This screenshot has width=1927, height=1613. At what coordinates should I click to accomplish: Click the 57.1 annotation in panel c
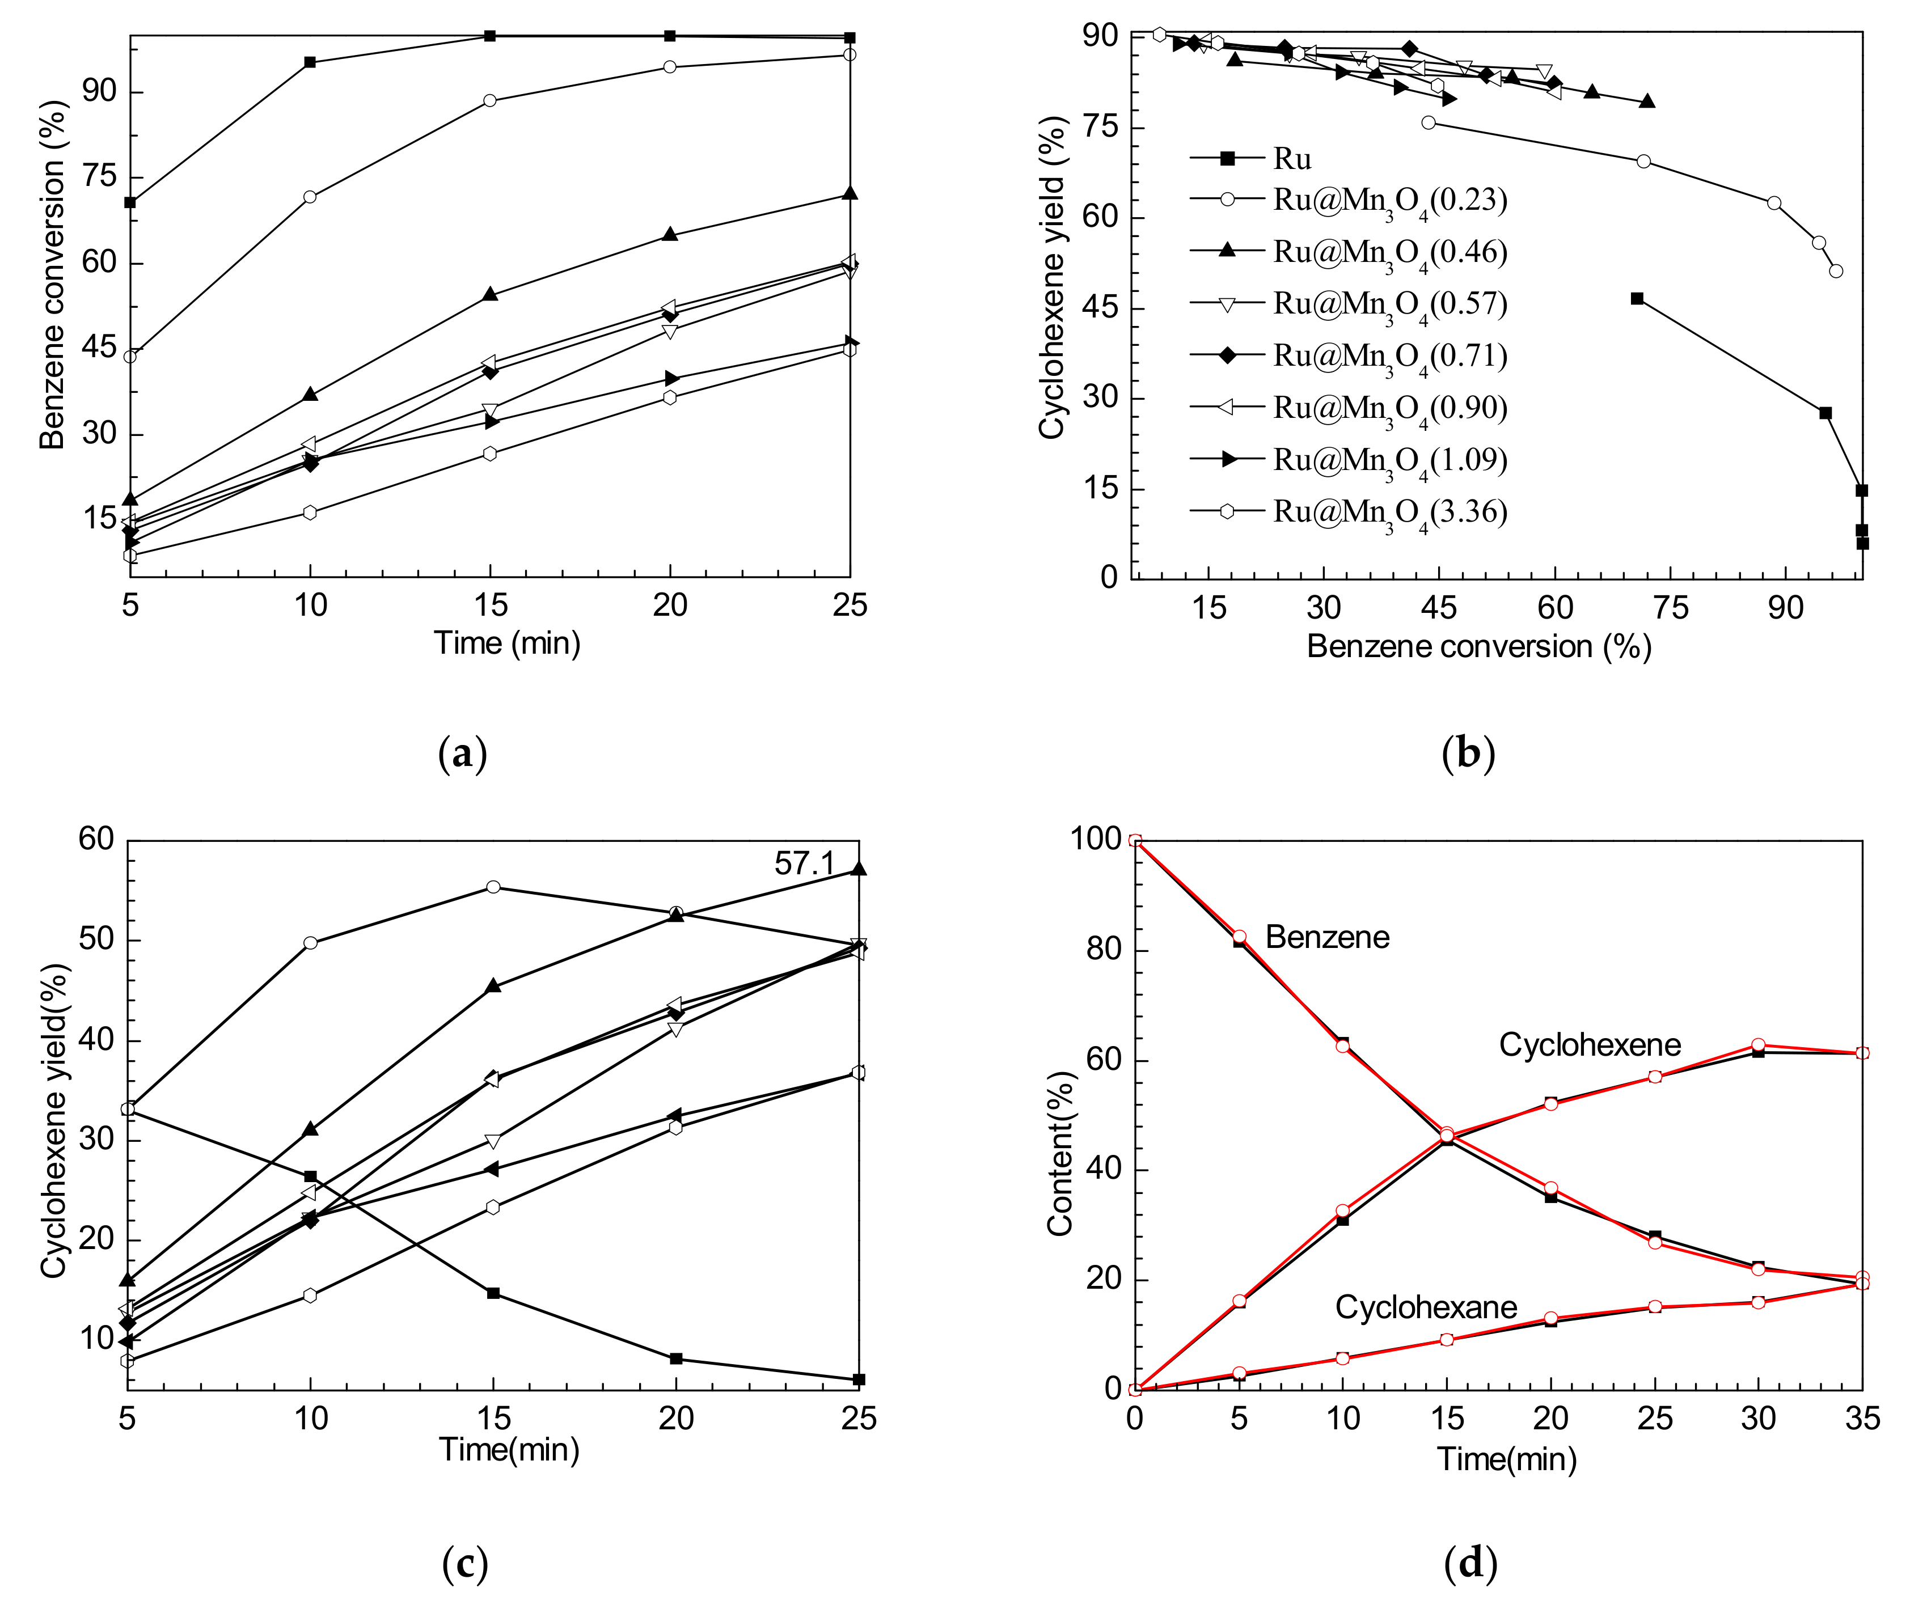804,863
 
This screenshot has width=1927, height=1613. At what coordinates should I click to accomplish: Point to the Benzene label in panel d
1327,937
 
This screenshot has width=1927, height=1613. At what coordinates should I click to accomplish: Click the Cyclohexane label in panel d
1425,1306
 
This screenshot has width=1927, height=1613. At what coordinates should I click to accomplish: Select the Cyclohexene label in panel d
1590,1044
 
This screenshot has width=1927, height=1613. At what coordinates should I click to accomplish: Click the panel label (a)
463,754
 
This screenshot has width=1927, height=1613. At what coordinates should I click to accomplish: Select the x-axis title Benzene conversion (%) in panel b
1478,647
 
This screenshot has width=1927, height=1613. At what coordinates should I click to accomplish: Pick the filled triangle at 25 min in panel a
850,193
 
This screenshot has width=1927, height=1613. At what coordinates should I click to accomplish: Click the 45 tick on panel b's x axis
1439,607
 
